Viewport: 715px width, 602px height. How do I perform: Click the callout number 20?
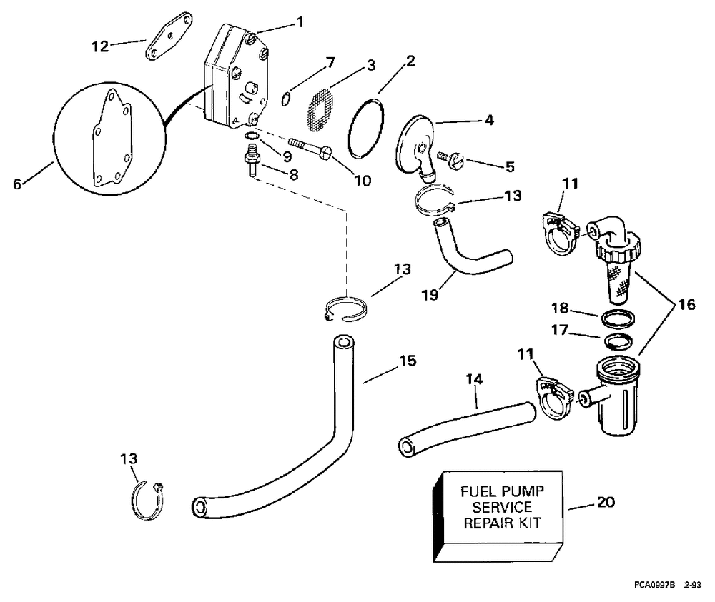606,502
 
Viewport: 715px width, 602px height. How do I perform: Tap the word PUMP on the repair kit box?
522,492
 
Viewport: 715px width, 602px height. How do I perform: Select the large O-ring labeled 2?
365,129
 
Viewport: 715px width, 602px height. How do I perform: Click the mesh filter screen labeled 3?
320,105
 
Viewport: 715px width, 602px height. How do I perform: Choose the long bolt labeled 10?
310,149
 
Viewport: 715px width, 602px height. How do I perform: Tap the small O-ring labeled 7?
285,98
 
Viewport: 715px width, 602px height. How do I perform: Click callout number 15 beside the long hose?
408,361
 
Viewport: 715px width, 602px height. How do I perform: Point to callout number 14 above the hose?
474,379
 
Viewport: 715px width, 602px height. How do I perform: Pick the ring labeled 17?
618,341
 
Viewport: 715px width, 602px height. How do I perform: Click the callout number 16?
686,303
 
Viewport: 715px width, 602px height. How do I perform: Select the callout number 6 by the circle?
17,184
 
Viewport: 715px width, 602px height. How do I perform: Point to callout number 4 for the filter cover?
489,120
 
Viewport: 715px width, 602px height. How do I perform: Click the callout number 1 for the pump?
300,21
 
